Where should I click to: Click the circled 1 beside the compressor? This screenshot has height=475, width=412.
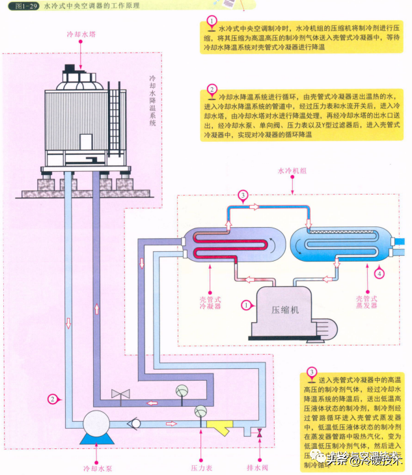click(245, 304)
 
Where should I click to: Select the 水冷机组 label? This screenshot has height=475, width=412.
click(292, 171)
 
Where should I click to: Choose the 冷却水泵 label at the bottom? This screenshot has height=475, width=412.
click(96, 467)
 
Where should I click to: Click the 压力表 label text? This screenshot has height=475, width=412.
click(199, 467)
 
